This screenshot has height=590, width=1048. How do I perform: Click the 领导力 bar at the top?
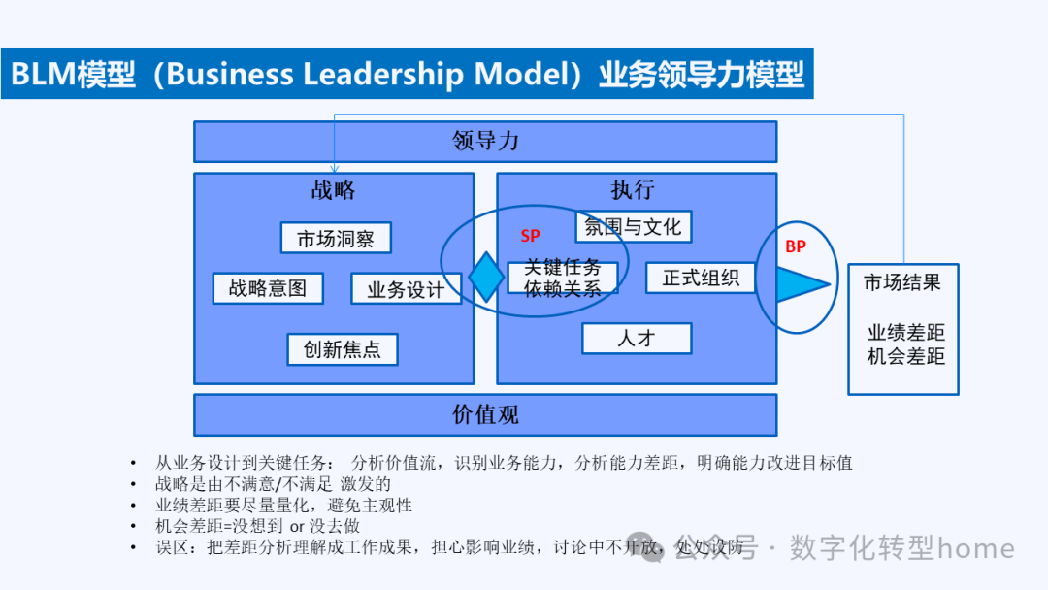(x=485, y=142)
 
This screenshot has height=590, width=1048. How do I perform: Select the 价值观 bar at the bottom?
(x=485, y=415)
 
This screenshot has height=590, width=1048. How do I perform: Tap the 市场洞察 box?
(x=336, y=239)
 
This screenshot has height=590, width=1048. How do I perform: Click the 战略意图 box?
(x=268, y=288)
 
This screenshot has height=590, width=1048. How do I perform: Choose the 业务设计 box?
(x=406, y=289)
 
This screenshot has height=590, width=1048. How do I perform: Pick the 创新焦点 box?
(x=343, y=349)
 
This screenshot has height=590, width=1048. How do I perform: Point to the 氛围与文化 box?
(x=634, y=227)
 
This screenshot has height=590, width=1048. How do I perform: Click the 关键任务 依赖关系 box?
(x=563, y=278)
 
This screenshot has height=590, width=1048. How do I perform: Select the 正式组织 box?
(x=701, y=278)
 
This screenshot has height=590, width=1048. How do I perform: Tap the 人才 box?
(x=637, y=339)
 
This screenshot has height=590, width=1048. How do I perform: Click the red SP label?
(x=530, y=236)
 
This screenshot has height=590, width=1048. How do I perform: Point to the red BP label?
(x=796, y=246)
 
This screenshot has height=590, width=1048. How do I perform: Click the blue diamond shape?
(x=486, y=277)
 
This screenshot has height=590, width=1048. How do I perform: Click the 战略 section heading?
(x=334, y=190)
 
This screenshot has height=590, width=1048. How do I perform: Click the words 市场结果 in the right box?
(x=902, y=283)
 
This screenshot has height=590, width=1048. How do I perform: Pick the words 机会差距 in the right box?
(x=906, y=356)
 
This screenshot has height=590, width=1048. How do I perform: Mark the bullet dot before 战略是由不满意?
(x=133, y=484)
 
